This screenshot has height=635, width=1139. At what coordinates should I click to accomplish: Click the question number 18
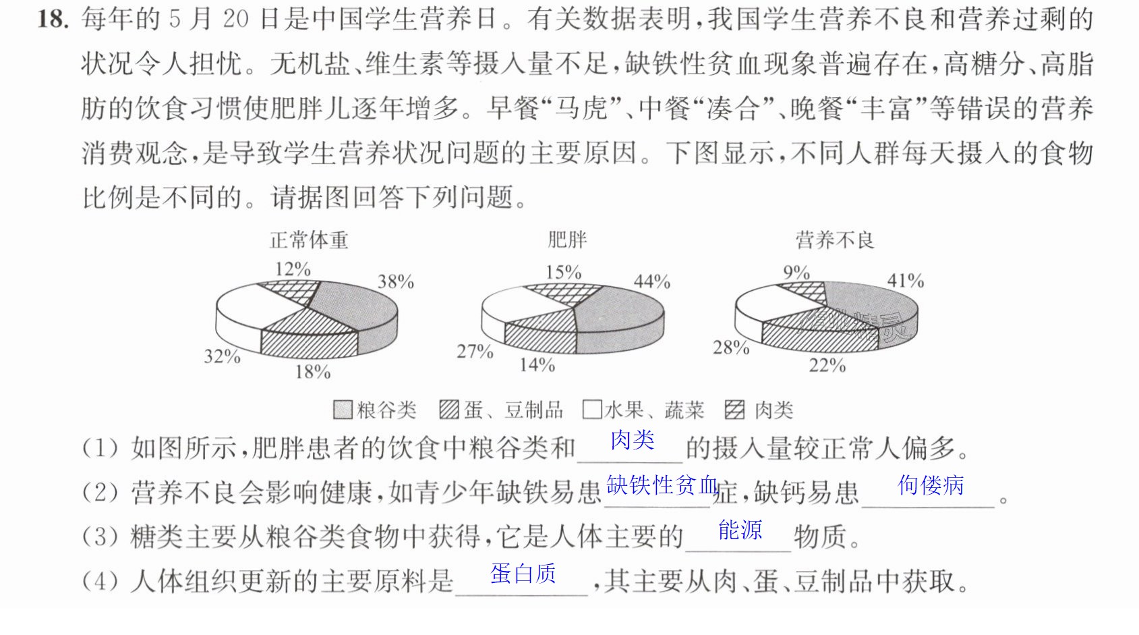pyautogui.click(x=53, y=20)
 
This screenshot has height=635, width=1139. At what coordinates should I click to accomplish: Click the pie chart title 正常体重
pyautogui.click(x=309, y=240)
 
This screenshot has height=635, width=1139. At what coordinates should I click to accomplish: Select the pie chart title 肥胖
pyautogui.click(x=567, y=240)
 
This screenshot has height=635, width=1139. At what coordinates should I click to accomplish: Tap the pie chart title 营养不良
pyautogui.click(x=835, y=240)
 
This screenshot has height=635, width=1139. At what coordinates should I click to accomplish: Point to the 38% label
pyautogui.click(x=396, y=281)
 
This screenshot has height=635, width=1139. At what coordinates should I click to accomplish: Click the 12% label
pyautogui.click(x=293, y=269)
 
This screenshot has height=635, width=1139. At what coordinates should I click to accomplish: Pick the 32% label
pyautogui.click(x=223, y=356)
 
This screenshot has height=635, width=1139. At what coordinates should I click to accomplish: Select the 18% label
pyautogui.click(x=313, y=372)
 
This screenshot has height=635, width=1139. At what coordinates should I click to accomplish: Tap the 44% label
pyautogui.click(x=652, y=281)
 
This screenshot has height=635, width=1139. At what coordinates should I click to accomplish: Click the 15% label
pyautogui.click(x=563, y=272)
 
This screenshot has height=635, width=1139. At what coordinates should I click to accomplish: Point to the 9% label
pyautogui.click(x=797, y=272)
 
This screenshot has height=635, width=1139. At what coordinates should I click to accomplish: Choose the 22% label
pyautogui.click(x=827, y=365)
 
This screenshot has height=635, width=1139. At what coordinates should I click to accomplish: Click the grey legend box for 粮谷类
pyautogui.click(x=343, y=410)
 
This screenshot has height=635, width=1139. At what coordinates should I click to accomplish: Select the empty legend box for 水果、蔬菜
pyautogui.click(x=592, y=410)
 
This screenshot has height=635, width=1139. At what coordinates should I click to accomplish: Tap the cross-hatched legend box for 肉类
pyautogui.click(x=735, y=410)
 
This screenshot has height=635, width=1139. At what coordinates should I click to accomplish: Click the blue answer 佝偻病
pyautogui.click(x=931, y=485)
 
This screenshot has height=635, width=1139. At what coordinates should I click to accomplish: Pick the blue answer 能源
pyautogui.click(x=740, y=530)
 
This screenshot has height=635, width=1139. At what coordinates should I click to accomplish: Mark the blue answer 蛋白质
pyautogui.click(x=523, y=574)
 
